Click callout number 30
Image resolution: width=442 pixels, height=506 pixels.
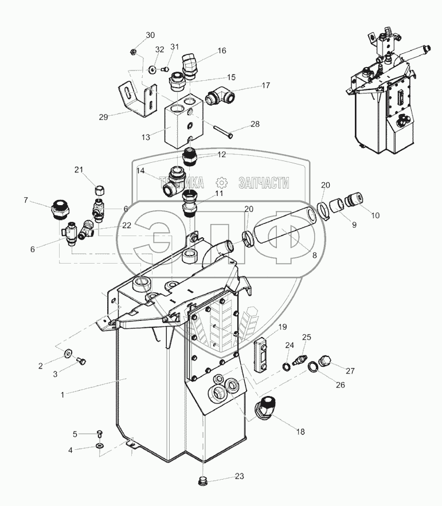(150, 35)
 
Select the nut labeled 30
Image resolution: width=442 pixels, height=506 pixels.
(133, 52)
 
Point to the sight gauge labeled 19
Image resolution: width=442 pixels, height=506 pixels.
(261, 350)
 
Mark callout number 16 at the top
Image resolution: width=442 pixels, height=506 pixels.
(222, 50)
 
